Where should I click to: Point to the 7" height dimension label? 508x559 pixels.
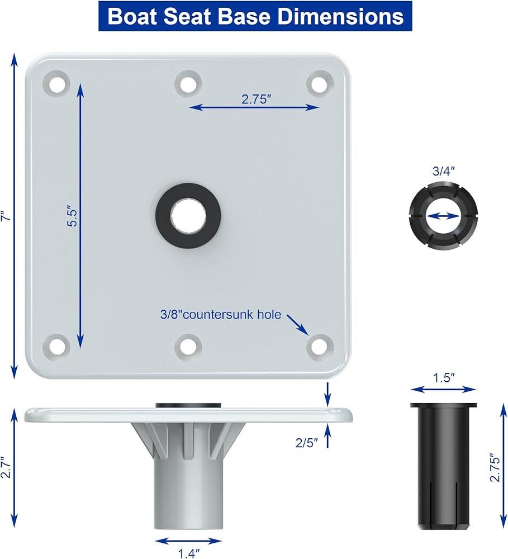(x=6, y=216)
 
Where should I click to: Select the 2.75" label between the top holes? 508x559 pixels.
(x=257, y=99)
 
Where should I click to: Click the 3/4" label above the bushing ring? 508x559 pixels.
(x=444, y=171)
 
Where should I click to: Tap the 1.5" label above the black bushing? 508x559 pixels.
(x=444, y=378)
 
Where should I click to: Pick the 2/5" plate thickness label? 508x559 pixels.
(x=306, y=443)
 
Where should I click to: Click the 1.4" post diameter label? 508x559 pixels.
(x=189, y=553)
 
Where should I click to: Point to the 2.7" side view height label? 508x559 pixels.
(x=6, y=467)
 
